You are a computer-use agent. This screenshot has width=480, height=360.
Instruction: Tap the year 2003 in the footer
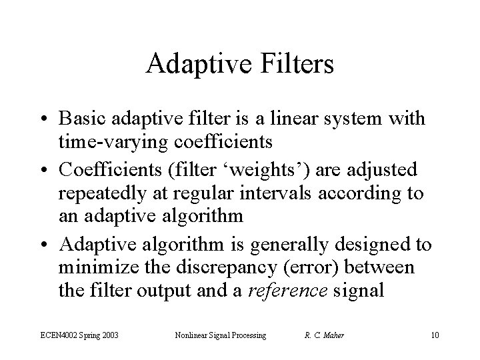(107, 335)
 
